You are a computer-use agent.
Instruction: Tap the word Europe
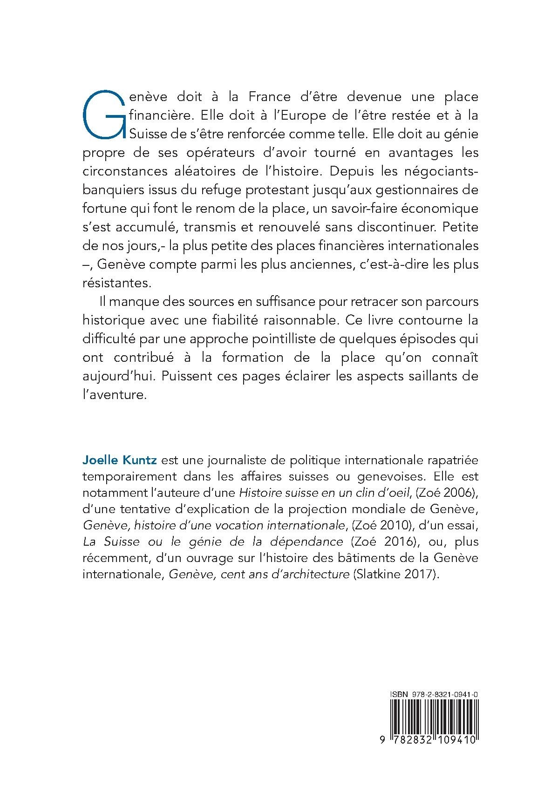pos(280,115)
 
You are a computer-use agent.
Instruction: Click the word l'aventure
pos(112,395)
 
